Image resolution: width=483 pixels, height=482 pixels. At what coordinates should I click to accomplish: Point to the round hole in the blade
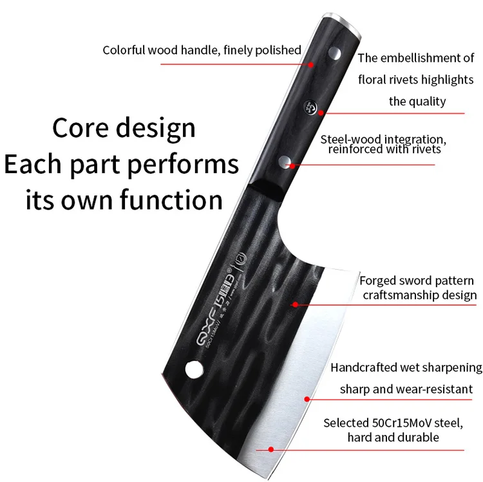tap(191, 369)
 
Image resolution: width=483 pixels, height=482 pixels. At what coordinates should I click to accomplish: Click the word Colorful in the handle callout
tap(126, 50)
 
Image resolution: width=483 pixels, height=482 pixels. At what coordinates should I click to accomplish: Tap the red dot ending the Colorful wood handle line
tap(312, 64)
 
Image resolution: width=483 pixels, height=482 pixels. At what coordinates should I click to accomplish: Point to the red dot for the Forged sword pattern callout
tap(295, 304)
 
